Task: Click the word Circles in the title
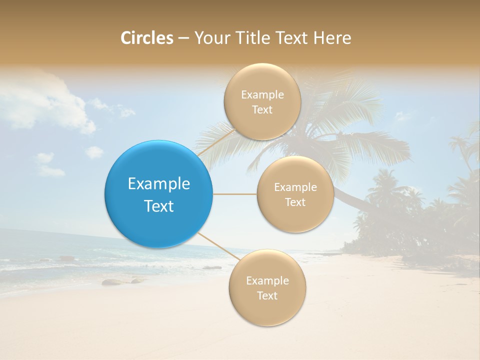pos(147,38)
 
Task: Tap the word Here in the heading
pos(332,38)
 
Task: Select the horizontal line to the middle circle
pos(235,194)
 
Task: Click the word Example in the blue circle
pos(159,184)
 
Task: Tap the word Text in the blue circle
pos(159,206)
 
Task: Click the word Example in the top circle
pos(262,95)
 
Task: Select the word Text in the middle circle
pos(295,202)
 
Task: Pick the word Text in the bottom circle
pos(267,295)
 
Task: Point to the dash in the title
pos(183,38)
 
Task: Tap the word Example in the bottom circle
pos(267,281)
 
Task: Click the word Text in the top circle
pos(262,110)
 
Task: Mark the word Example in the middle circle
pos(295,187)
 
